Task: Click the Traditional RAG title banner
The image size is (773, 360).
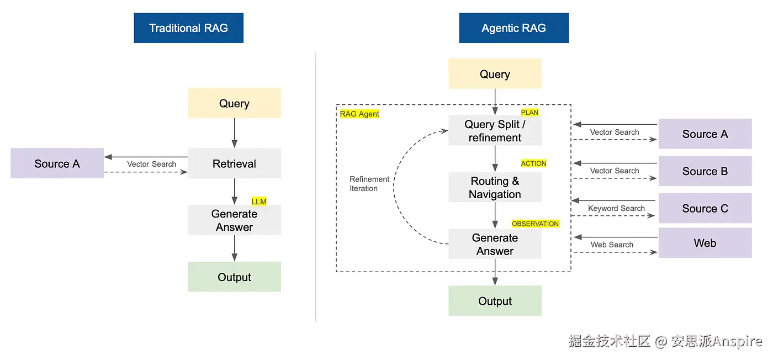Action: (188, 28)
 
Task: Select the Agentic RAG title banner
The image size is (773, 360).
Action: (513, 28)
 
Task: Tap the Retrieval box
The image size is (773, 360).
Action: (234, 163)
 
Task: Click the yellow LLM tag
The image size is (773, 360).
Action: (259, 202)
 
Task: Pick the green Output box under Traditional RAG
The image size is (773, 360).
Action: (234, 277)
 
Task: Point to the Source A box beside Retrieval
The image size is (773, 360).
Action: (57, 163)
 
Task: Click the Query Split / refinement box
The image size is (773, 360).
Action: (495, 131)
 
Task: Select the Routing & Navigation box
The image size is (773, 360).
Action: (495, 188)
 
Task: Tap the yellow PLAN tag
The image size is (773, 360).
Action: (530, 113)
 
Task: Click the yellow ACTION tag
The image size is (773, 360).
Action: (533, 163)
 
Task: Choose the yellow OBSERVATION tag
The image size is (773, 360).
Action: (535, 224)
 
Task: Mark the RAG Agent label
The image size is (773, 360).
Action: (359, 114)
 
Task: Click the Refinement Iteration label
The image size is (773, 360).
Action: (369, 184)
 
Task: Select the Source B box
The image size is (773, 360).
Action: (705, 171)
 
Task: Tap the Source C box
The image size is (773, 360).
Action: (705, 208)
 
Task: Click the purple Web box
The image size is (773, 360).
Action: (705, 243)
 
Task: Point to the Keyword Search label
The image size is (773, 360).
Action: (616, 208)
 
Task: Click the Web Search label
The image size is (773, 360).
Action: (612, 245)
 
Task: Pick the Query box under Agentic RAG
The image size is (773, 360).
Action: (495, 74)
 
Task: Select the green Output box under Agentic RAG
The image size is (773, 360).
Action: (495, 301)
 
